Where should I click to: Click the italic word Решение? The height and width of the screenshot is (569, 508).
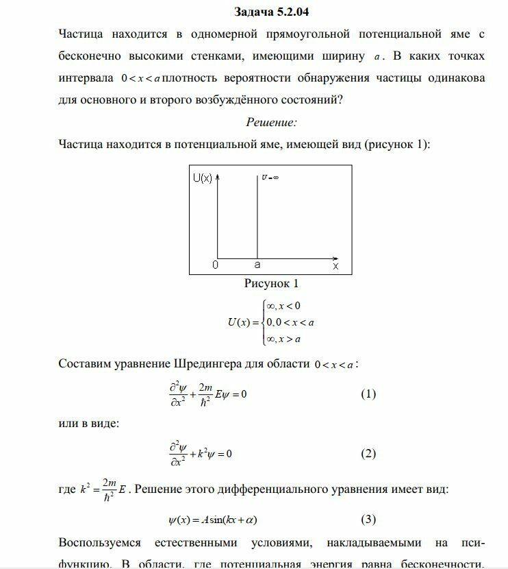click(271, 122)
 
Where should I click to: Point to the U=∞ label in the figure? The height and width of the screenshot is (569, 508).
click(270, 177)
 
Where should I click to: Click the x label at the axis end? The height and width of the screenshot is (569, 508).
click(335, 264)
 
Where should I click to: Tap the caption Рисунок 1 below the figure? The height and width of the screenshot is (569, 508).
click(271, 283)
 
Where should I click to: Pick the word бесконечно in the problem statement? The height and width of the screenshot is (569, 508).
click(93, 56)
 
